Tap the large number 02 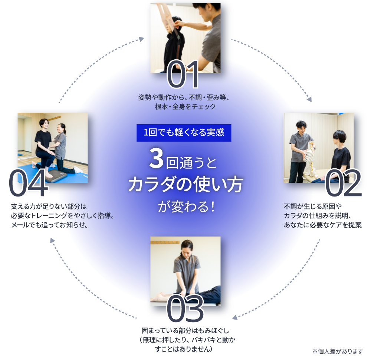(x=343, y=183)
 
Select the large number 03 (x=185, y=308)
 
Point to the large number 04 (x=28, y=183)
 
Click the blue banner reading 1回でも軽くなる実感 (x=184, y=133)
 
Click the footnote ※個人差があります (x=337, y=351)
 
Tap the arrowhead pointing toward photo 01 (x=141, y=39)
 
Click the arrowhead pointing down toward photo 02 (x=309, y=99)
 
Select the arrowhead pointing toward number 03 (x=235, y=317)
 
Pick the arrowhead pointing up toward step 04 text (x=52, y=241)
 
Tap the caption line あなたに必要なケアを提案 (x=322, y=225)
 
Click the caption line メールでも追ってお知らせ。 (x=49, y=225)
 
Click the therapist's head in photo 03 (x=187, y=246)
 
